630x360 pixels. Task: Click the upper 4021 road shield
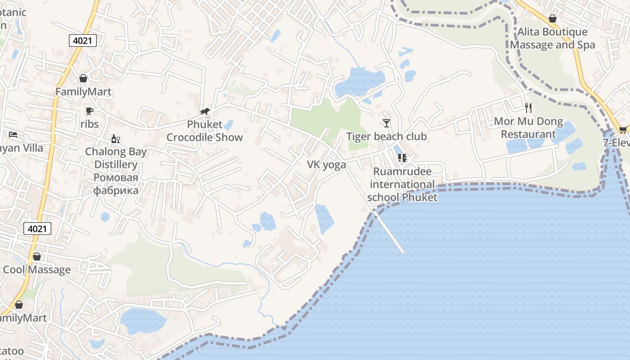(x=83, y=40)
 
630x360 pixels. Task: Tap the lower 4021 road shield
(x=37, y=229)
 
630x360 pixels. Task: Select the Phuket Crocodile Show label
(x=205, y=131)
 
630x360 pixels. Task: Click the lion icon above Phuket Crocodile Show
(x=205, y=111)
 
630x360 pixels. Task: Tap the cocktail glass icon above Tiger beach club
(x=386, y=123)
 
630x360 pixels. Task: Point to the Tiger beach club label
(x=386, y=136)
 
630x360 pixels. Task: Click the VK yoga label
(x=326, y=164)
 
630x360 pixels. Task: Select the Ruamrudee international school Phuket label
(x=402, y=184)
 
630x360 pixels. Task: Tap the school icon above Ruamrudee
(x=402, y=158)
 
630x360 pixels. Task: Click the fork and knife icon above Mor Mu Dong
(x=528, y=108)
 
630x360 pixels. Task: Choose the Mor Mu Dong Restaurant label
(x=528, y=128)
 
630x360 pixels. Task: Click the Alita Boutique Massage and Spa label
(x=552, y=38)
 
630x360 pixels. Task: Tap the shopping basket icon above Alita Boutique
(x=552, y=19)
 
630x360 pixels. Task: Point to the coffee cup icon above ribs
(x=89, y=111)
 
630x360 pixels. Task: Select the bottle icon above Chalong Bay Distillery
(x=116, y=139)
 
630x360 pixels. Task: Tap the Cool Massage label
(x=37, y=270)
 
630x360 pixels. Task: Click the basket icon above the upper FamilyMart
(x=83, y=78)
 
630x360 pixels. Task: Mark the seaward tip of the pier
(x=403, y=252)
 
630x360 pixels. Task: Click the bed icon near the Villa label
(x=13, y=134)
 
